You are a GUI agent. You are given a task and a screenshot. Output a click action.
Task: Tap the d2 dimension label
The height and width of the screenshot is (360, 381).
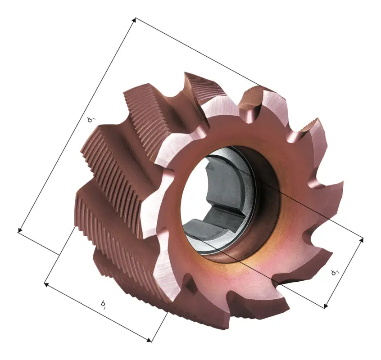[335, 272]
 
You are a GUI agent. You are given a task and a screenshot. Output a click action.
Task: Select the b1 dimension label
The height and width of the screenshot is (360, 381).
[103, 305]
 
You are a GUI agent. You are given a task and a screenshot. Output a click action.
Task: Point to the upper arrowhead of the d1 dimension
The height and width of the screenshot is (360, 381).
[134, 20]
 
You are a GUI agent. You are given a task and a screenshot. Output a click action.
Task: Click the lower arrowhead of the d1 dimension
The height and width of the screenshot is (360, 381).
[20, 229]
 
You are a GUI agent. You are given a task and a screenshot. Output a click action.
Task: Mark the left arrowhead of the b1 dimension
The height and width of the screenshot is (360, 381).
[47, 284]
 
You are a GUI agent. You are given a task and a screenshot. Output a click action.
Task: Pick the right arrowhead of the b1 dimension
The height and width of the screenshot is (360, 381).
[149, 340]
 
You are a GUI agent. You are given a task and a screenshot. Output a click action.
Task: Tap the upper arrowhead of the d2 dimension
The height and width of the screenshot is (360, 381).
[362, 240]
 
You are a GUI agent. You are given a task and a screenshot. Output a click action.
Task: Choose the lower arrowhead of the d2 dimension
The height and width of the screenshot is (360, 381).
[327, 306]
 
